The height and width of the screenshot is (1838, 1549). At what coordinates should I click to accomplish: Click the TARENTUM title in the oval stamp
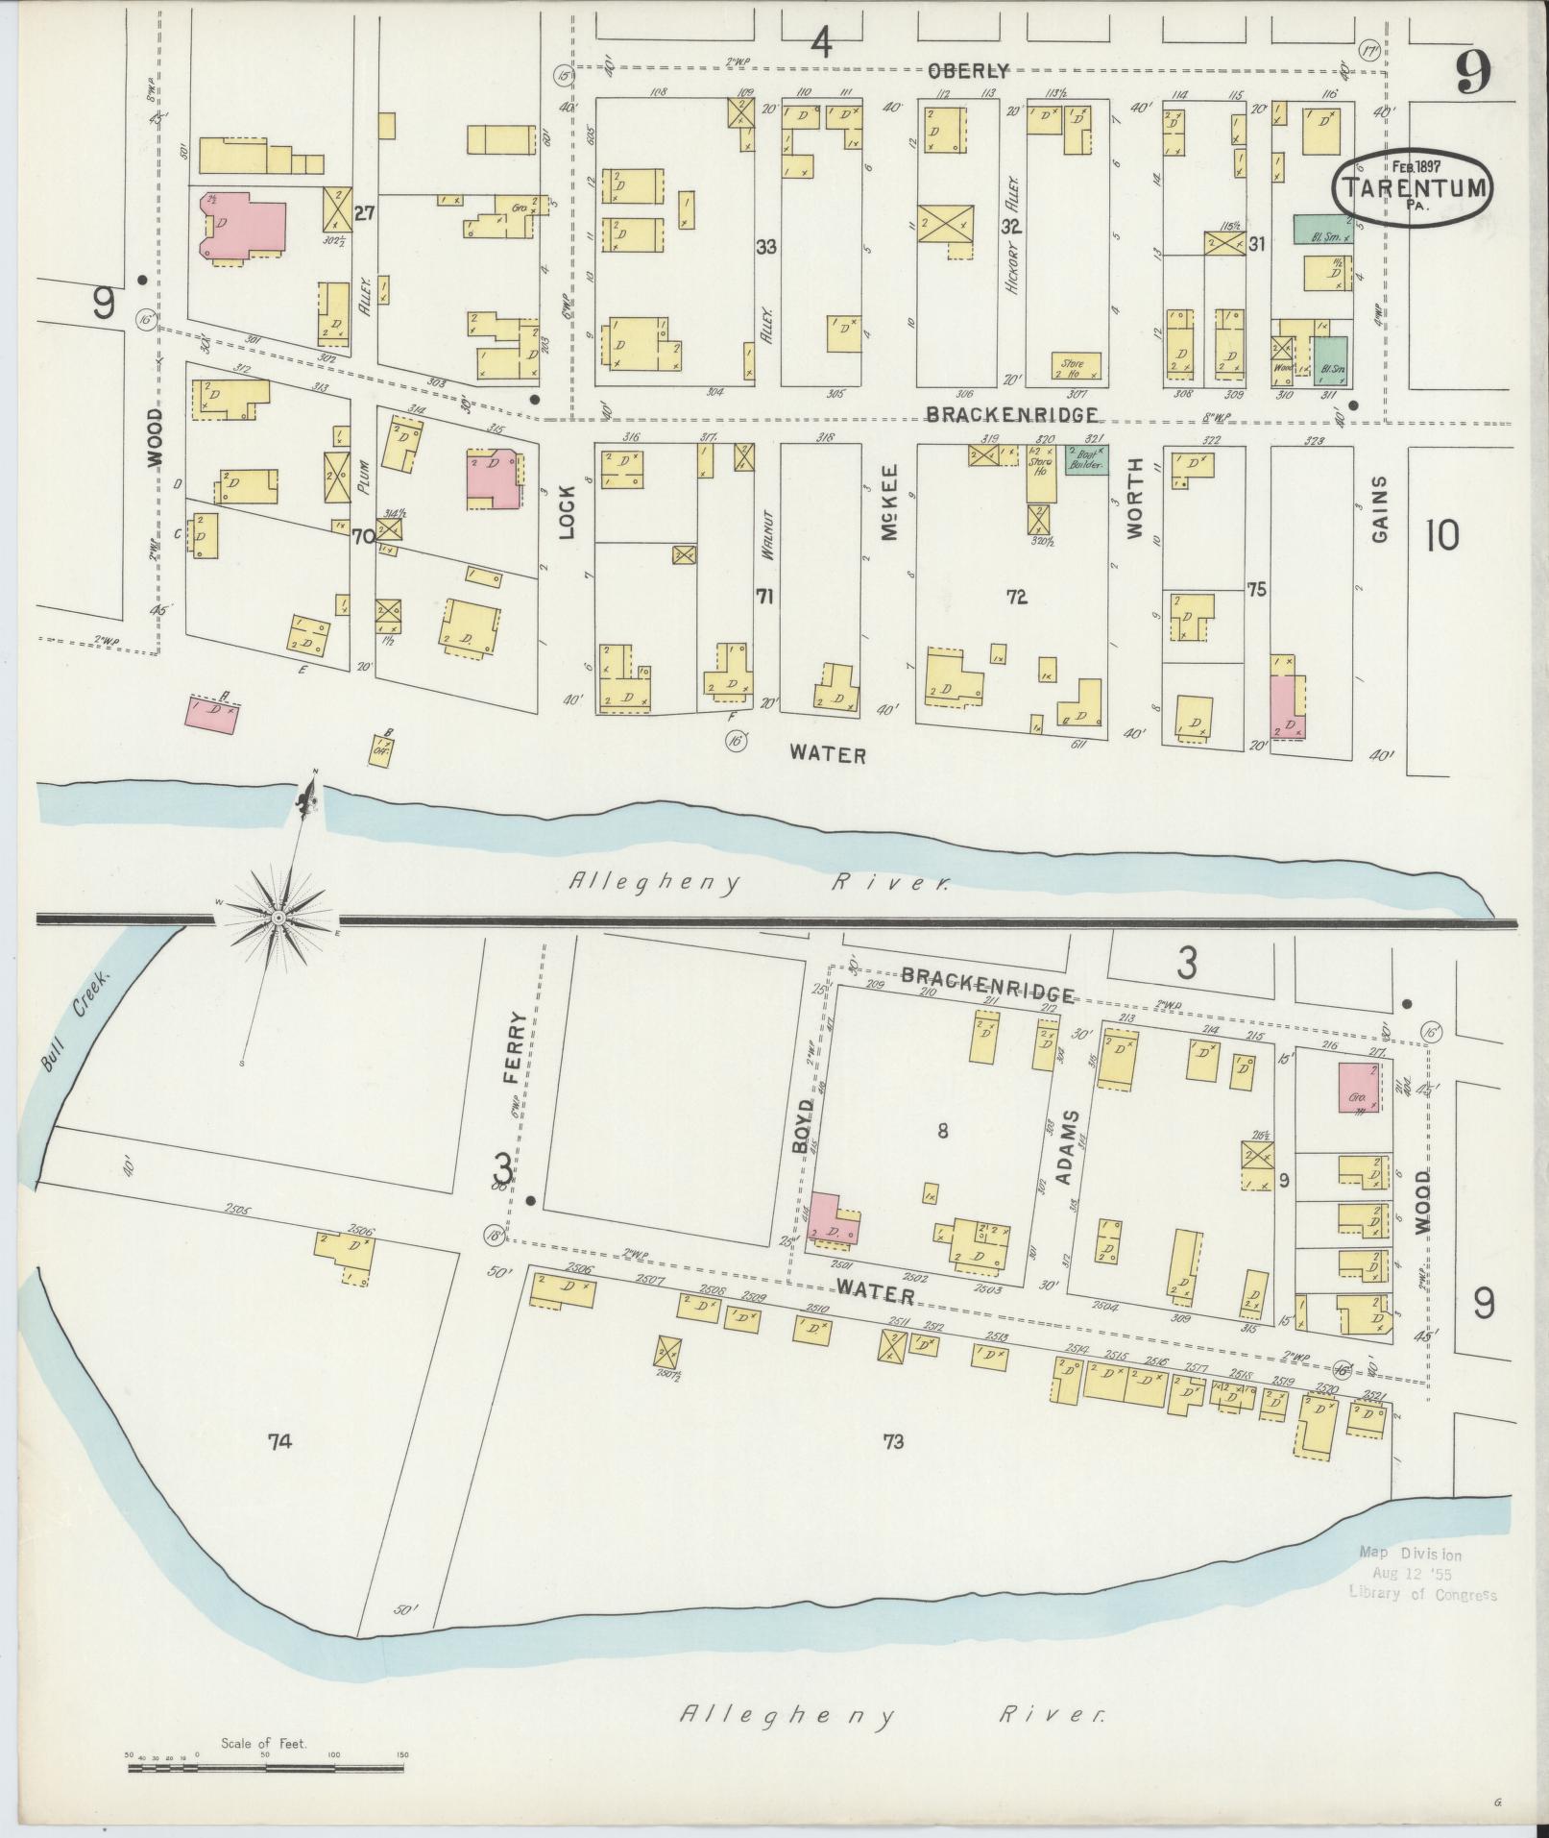tap(1413, 187)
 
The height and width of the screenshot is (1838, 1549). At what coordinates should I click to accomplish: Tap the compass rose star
tap(278, 919)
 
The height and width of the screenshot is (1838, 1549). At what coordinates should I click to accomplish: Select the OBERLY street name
tap(968, 70)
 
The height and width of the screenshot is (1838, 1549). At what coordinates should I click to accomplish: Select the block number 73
tap(893, 1441)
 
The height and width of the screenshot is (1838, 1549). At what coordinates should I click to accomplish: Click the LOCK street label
tap(566, 513)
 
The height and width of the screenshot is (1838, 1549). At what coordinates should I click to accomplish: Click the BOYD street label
tap(804, 1127)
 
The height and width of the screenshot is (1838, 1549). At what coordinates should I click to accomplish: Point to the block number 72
tap(1016, 598)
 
